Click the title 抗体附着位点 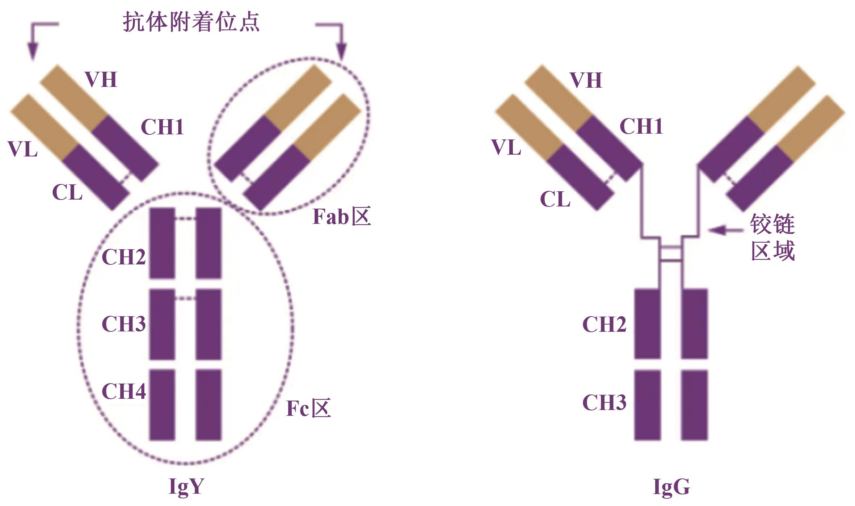click(191, 22)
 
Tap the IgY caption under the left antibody click(186, 486)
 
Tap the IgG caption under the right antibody click(671, 486)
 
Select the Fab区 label click(341, 217)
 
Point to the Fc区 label click(308, 408)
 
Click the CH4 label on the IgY click(124, 391)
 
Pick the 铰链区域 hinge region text click(772, 237)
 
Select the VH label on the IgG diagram click(586, 80)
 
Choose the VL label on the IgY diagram click(22, 149)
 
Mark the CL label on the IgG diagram click(555, 199)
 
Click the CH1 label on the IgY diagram click(162, 127)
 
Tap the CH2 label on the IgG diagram click(604, 324)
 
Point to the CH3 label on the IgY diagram click(124, 323)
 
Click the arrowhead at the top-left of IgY click(33, 51)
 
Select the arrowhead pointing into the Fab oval click(341, 51)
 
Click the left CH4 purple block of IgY click(162, 405)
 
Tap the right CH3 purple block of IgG click(694, 405)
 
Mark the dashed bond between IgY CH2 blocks click(185, 218)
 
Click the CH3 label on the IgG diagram click(604, 402)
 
